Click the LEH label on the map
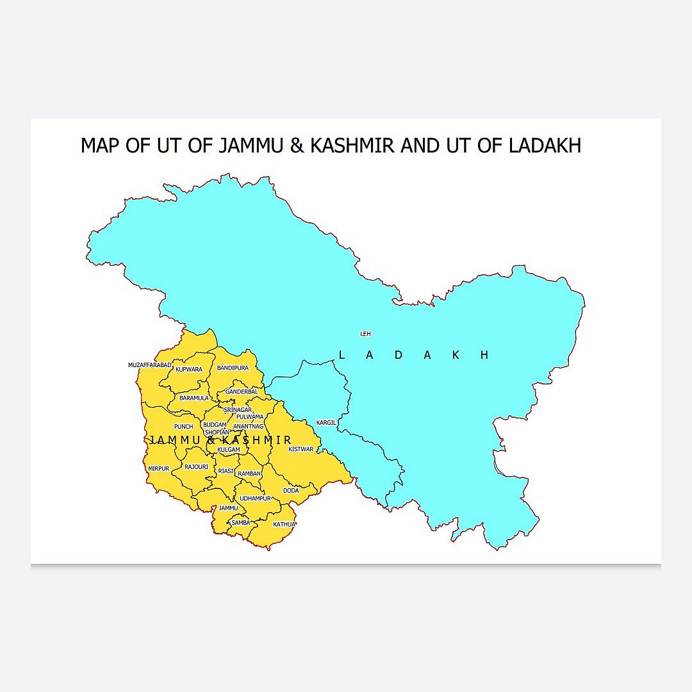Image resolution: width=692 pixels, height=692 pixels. [365, 334]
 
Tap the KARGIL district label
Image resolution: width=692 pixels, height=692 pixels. [326, 423]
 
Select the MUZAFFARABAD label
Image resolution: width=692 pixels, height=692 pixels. [150, 365]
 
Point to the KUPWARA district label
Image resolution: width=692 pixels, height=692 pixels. [188, 370]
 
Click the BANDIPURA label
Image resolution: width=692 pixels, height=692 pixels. [233, 368]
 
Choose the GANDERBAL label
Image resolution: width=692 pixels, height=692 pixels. [242, 391]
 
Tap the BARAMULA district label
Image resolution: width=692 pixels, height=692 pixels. [193, 398]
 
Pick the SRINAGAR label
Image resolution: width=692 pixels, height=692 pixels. [238, 409]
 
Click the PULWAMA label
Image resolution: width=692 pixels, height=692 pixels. [250, 416]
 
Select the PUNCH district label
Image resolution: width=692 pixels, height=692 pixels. [183, 427]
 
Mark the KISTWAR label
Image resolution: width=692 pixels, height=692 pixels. [301, 449]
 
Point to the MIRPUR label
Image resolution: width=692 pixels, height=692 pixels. [159, 468]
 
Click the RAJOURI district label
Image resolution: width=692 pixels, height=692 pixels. [196, 467]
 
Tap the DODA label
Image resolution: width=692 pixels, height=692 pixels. [291, 491]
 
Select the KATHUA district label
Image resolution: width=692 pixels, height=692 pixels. [284, 524]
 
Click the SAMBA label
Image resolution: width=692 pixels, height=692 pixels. [241, 523]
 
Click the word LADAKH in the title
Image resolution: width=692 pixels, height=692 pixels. [545, 146]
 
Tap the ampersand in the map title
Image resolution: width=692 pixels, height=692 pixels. [297, 146]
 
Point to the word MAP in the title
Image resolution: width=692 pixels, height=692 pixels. [101, 146]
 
